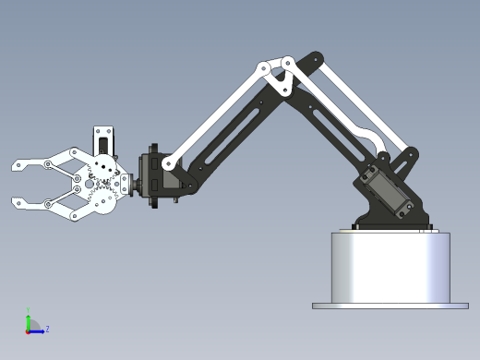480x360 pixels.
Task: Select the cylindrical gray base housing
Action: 390,268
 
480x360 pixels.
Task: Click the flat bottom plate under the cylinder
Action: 390,306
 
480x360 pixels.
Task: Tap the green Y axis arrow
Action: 28,320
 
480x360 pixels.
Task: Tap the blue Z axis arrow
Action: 38,330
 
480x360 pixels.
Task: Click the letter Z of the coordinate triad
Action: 47,329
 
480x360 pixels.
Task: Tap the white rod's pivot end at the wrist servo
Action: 169,163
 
